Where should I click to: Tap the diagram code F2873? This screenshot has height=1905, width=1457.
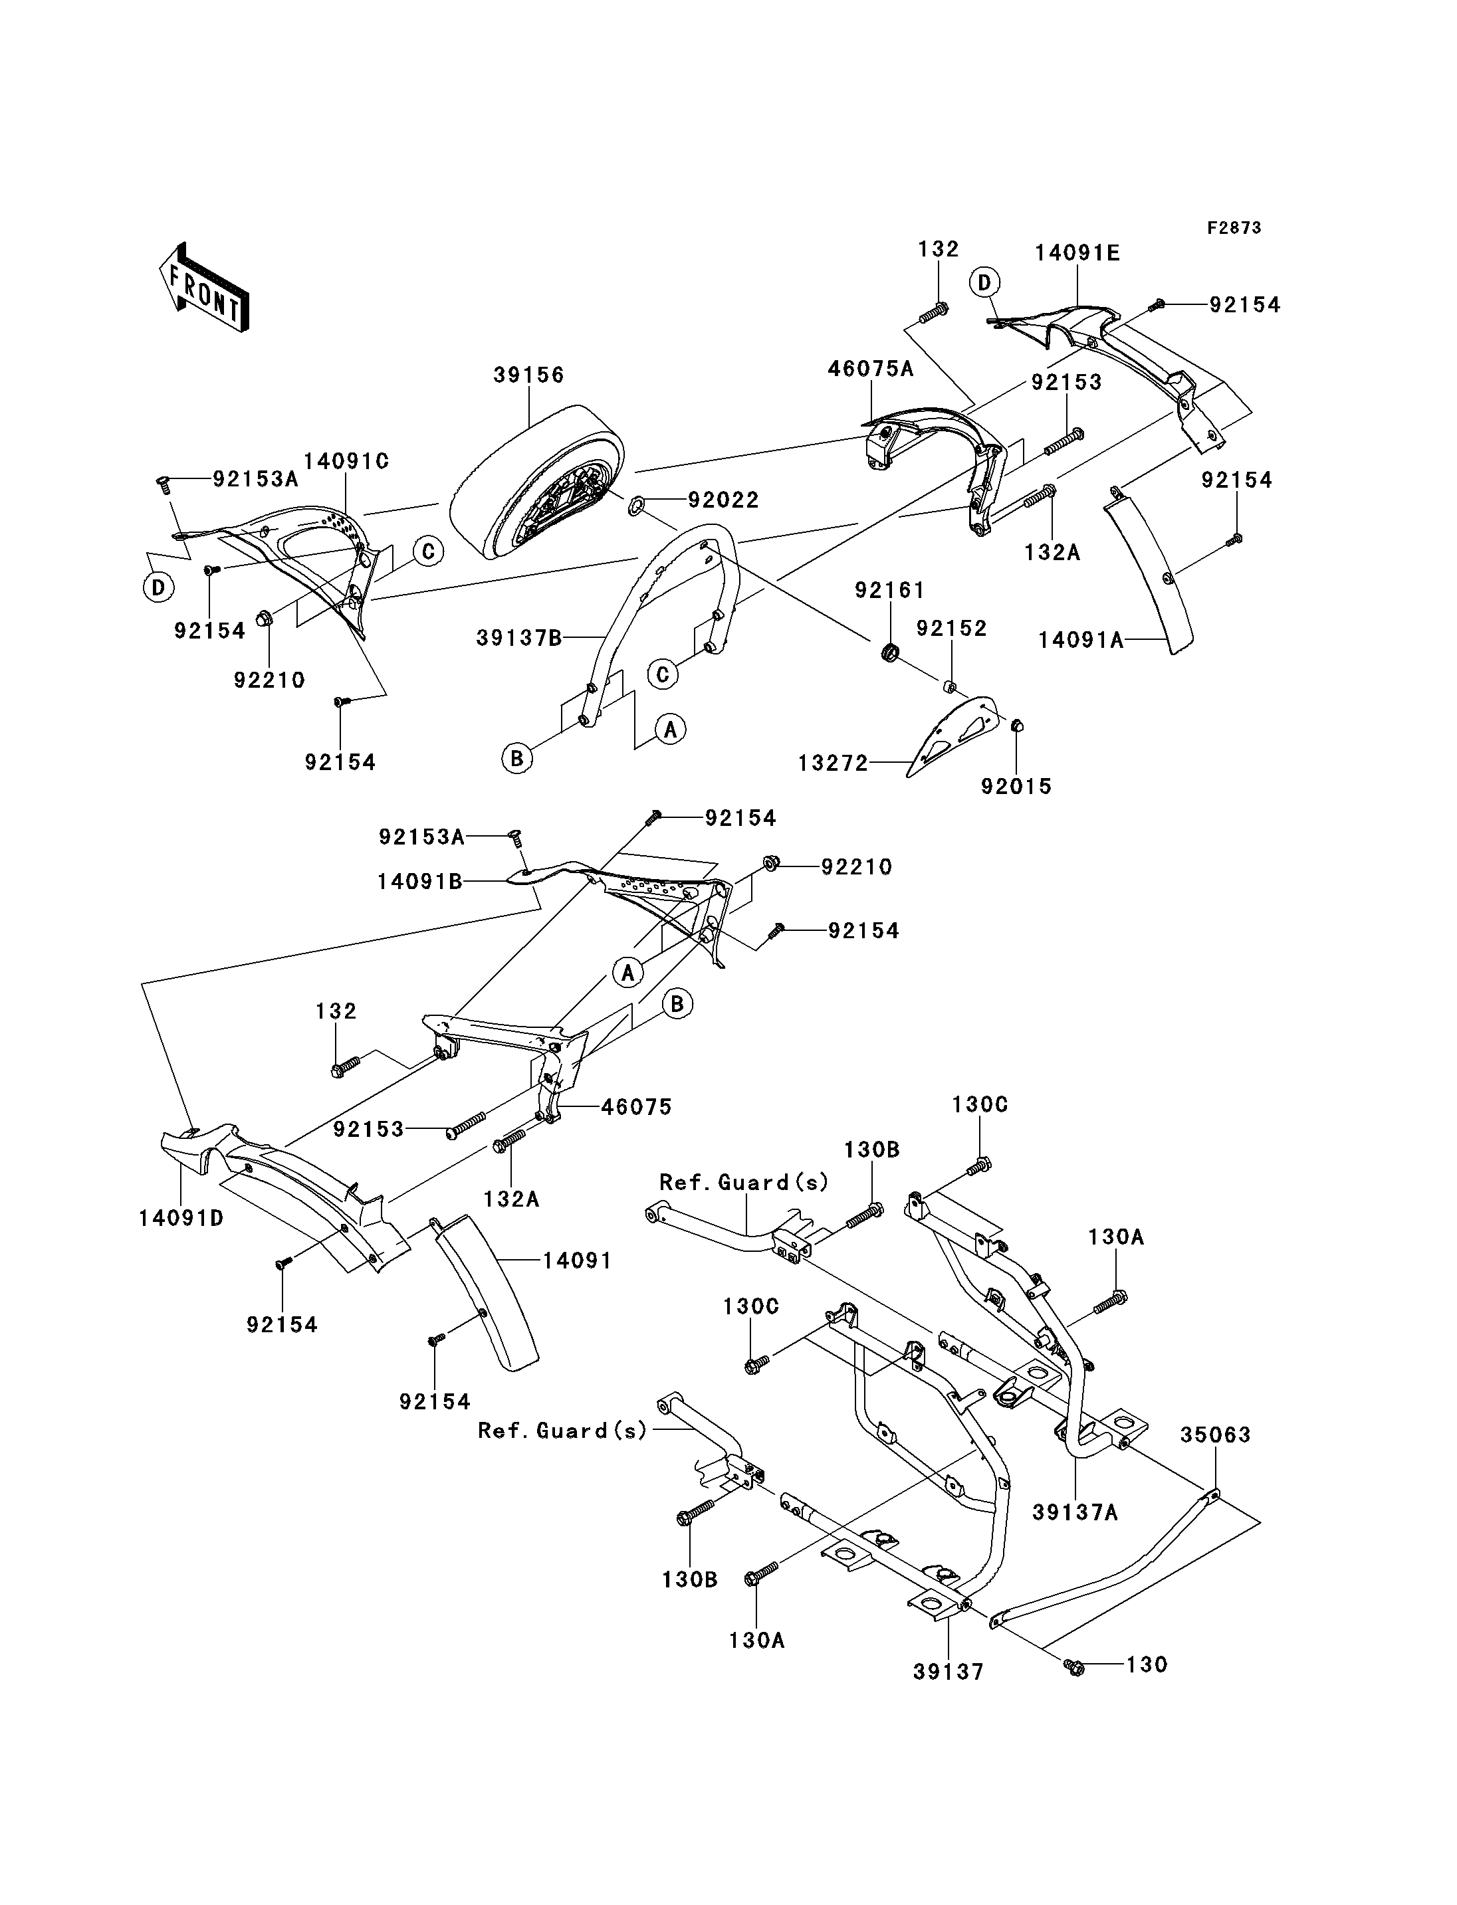coord(1234,228)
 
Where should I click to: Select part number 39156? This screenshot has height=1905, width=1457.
coord(529,375)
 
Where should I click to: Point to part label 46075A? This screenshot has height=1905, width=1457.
coord(871,369)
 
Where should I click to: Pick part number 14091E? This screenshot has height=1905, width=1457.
coord(1077,253)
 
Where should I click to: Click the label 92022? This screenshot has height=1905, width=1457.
coord(723,500)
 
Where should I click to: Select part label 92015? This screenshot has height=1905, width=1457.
coord(1016,787)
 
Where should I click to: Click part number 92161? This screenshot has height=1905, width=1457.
coord(890,591)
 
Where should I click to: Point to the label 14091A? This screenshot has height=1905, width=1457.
coord(1081,640)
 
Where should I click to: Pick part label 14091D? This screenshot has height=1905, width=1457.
coord(181,1218)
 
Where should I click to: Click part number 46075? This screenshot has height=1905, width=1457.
coord(637,1106)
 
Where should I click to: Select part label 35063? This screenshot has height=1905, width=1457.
coord(1215,1435)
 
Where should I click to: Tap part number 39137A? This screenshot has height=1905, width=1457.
coord(1075,1513)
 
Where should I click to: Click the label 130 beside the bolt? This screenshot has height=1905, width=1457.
coord(1147,1665)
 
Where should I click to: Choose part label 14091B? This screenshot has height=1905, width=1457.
coord(420,882)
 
